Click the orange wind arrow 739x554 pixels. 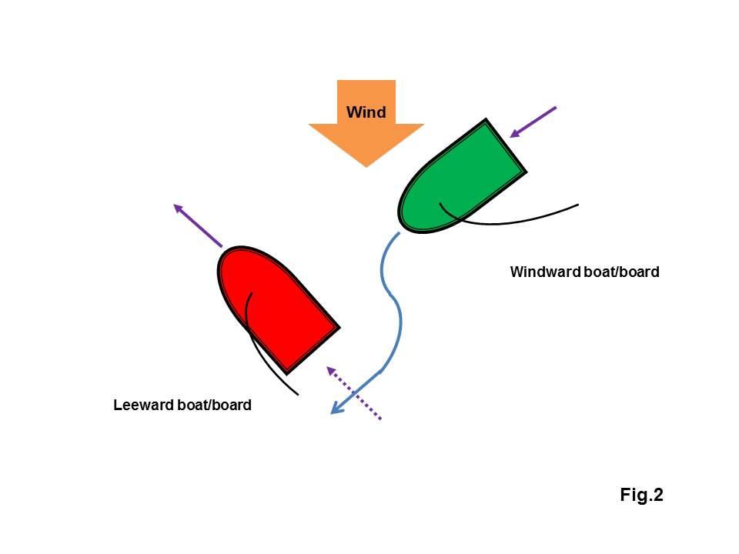point(366,135)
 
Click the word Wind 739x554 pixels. point(366,112)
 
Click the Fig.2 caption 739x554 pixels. point(641,495)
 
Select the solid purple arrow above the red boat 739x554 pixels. point(198,225)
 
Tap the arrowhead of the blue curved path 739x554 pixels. point(336,410)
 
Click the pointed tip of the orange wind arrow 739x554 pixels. point(366,164)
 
